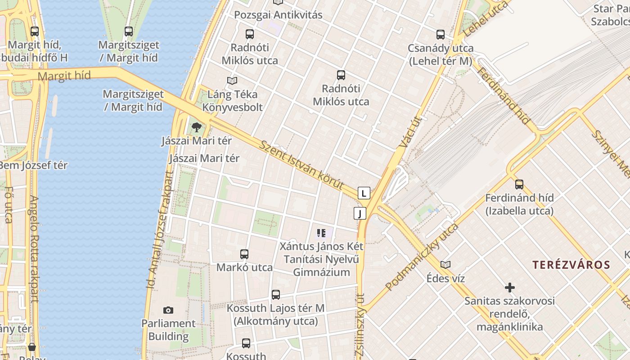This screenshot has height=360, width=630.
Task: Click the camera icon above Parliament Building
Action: tap(168, 310)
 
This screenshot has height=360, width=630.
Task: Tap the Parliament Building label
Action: tap(168, 330)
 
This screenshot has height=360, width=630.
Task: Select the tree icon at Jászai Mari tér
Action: tap(196, 127)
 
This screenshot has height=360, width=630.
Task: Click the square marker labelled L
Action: tap(364, 193)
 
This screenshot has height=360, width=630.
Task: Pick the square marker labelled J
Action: tap(360, 213)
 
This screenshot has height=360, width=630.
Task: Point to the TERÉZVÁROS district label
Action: tap(571, 265)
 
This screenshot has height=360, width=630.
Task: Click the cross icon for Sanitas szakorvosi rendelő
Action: tap(509, 287)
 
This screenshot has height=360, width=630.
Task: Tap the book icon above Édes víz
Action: tap(445, 265)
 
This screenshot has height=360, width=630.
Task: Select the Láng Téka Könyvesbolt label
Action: tap(232, 101)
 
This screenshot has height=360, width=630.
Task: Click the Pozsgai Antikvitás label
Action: tap(278, 15)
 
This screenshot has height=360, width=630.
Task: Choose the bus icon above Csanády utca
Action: tap(440, 34)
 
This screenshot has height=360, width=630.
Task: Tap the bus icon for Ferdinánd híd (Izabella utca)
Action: tap(519, 184)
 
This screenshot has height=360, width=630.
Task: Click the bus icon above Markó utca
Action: tap(244, 254)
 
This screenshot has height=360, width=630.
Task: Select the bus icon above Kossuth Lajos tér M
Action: tap(275, 295)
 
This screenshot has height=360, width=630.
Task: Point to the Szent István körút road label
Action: tap(302, 165)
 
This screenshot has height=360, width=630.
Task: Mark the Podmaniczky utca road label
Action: tap(421, 257)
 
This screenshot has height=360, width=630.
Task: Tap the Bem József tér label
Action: tap(32, 165)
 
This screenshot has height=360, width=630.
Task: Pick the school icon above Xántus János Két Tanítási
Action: tap(321, 233)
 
